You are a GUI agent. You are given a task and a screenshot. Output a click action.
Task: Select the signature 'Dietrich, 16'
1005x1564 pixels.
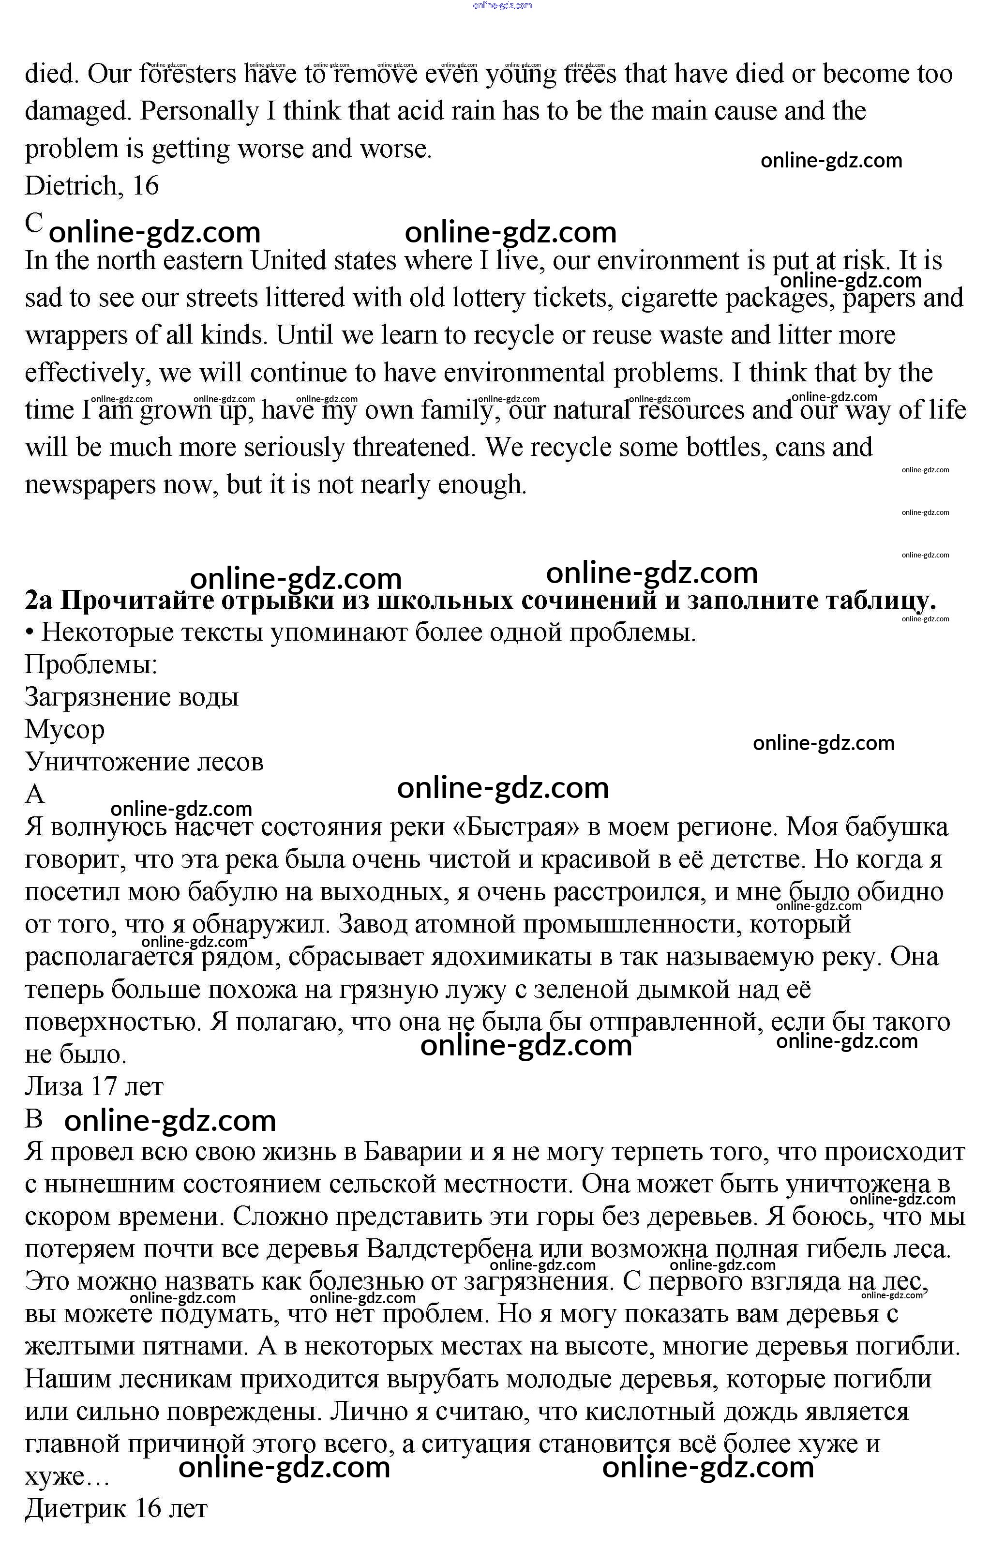(92, 186)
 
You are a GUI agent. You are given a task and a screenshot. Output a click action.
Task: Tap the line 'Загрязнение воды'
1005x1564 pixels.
(132, 697)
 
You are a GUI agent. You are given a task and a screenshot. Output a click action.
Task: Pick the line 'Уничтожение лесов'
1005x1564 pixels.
(144, 762)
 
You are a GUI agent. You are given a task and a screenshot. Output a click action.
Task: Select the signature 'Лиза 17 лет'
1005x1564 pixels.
(94, 1086)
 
